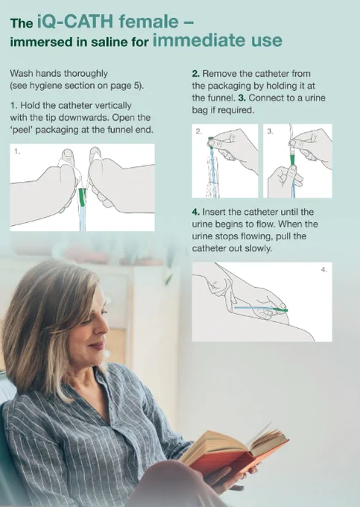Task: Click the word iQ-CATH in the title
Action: click(75, 22)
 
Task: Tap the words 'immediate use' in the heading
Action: click(217, 40)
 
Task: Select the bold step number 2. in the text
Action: click(195, 74)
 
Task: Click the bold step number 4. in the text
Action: click(195, 212)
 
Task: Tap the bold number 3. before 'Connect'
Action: click(241, 98)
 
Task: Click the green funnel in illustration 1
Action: click(82, 197)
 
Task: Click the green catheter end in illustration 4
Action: click(280, 310)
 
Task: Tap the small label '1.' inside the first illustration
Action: click(17, 151)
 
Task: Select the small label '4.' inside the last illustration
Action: click(323, 270)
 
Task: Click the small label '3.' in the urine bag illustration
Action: click(270, 131)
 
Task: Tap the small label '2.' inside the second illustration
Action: click(199, 131)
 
